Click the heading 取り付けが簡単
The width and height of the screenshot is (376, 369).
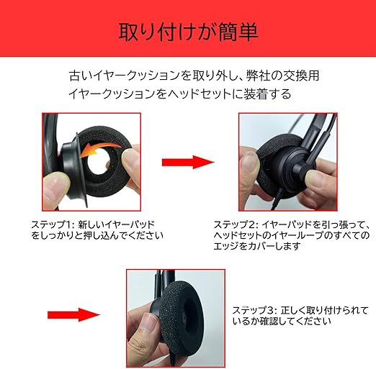point(189,32)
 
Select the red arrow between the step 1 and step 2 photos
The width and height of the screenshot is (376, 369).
point(188,162)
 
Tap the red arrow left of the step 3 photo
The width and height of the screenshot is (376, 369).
point(74,315)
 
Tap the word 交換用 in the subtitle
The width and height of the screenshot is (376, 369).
point(302,76)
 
